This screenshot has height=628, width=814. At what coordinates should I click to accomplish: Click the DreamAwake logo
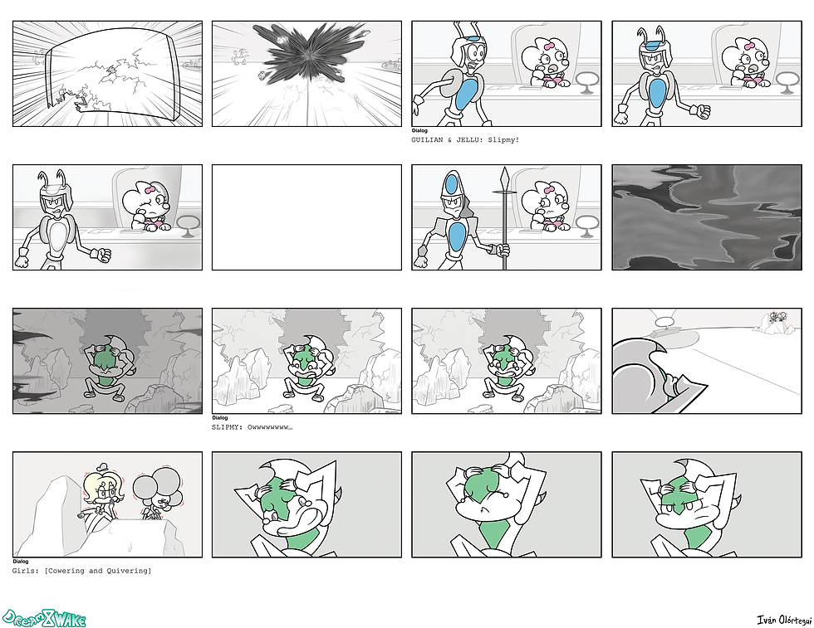[43, 617]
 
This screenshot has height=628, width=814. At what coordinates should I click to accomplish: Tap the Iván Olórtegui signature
[784, 620]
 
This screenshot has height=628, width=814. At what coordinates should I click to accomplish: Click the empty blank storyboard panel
[306, 217]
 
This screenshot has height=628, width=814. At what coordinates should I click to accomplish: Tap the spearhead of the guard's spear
[503, 179]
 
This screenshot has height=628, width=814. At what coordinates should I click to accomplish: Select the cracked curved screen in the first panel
[114, 74]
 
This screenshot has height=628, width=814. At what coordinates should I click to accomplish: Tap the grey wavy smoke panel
[707, 217]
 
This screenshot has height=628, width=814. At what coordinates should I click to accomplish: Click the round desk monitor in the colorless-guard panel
[189, 226]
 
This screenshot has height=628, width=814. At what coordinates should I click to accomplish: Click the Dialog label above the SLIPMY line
[220, 417]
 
